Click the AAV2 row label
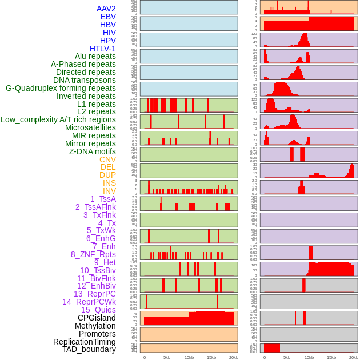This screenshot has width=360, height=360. [106, 9]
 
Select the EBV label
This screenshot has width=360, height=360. [108, 17]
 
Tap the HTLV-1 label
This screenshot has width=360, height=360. [103, 49]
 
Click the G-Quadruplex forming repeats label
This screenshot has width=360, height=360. [61, 88]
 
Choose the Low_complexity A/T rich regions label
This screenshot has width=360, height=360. [58, 119]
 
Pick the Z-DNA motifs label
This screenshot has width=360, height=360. [93, 151]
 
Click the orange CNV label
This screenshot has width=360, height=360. [107, 159]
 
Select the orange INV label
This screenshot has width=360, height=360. [109, 191]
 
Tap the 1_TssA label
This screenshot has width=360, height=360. [103, 199]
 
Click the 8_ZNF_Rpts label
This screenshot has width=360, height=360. [93, 254]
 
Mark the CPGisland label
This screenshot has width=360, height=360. [97, 318]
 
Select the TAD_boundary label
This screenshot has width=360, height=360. [89, 349]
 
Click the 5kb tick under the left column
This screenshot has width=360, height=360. [167, 357]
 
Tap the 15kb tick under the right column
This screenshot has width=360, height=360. [331, 357]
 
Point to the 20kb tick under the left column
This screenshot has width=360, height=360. [234, 357]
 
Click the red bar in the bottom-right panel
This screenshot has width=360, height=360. [272, 348]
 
